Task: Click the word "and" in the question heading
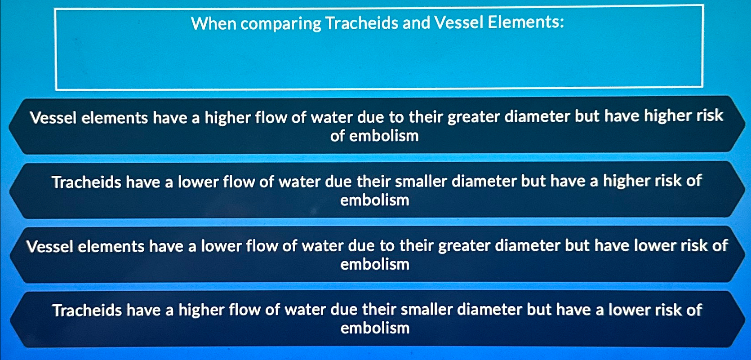click(416, 22)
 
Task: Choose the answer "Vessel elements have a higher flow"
click(375, 125)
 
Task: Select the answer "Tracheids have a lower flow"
click(375, 190)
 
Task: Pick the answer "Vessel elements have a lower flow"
click(375, 254)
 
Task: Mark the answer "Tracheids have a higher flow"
click(375, 319)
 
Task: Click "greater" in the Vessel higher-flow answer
click(474, 117)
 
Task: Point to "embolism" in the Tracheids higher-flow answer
click(375, 328)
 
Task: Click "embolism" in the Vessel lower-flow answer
click(375, 264)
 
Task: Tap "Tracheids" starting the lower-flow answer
click(86, 182)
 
